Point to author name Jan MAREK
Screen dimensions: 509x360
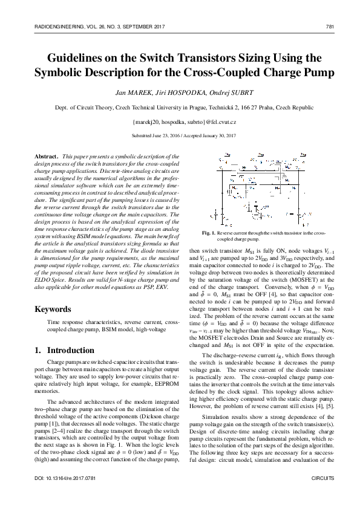(128, 93)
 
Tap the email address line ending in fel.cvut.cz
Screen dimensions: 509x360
(180, 122)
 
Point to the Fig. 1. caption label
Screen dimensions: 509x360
(209, 233)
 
